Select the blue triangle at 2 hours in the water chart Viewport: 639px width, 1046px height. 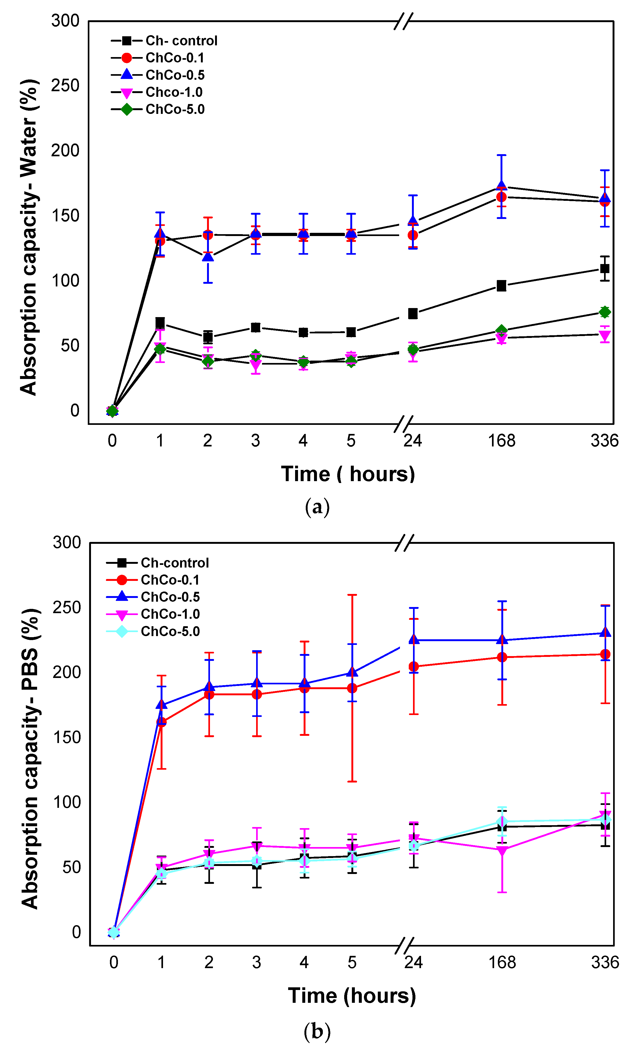pos(208,256)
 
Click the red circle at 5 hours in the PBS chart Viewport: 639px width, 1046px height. pos(352,688)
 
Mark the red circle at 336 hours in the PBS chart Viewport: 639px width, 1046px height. pos(605,654)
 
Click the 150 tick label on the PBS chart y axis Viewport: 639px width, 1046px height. pos(67,737)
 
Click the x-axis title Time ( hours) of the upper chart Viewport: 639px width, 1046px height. pos(348,474)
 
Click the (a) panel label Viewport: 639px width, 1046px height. pos(317,507)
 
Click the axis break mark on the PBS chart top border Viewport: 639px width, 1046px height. pos(404,543)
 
